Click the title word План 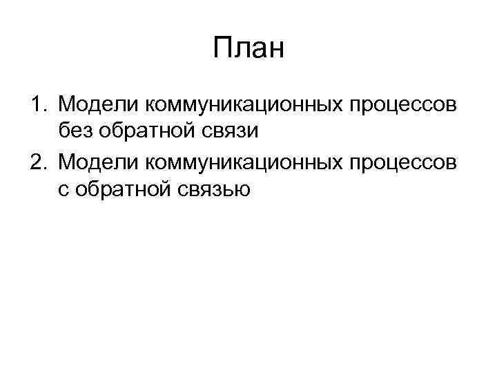click(x=248, y=49)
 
